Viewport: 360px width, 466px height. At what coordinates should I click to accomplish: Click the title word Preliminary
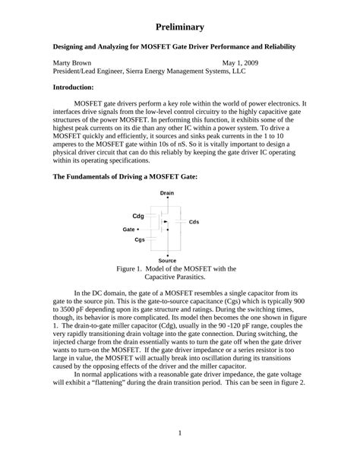tap(180, 27)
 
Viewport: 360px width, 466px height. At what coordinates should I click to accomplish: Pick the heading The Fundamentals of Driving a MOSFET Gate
tap(125, 176)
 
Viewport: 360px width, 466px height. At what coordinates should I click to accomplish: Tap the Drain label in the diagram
tap(167, 193)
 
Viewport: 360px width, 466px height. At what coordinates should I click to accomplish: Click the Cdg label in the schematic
tap(138, 216)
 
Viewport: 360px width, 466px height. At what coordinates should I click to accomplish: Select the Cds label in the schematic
tap(194, 222)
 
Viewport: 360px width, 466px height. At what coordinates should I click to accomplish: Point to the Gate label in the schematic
tap(129, 229)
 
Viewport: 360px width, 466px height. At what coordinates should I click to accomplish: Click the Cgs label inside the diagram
tap(140, 239)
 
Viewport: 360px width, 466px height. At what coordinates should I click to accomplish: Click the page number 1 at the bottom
tap(180, 433)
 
